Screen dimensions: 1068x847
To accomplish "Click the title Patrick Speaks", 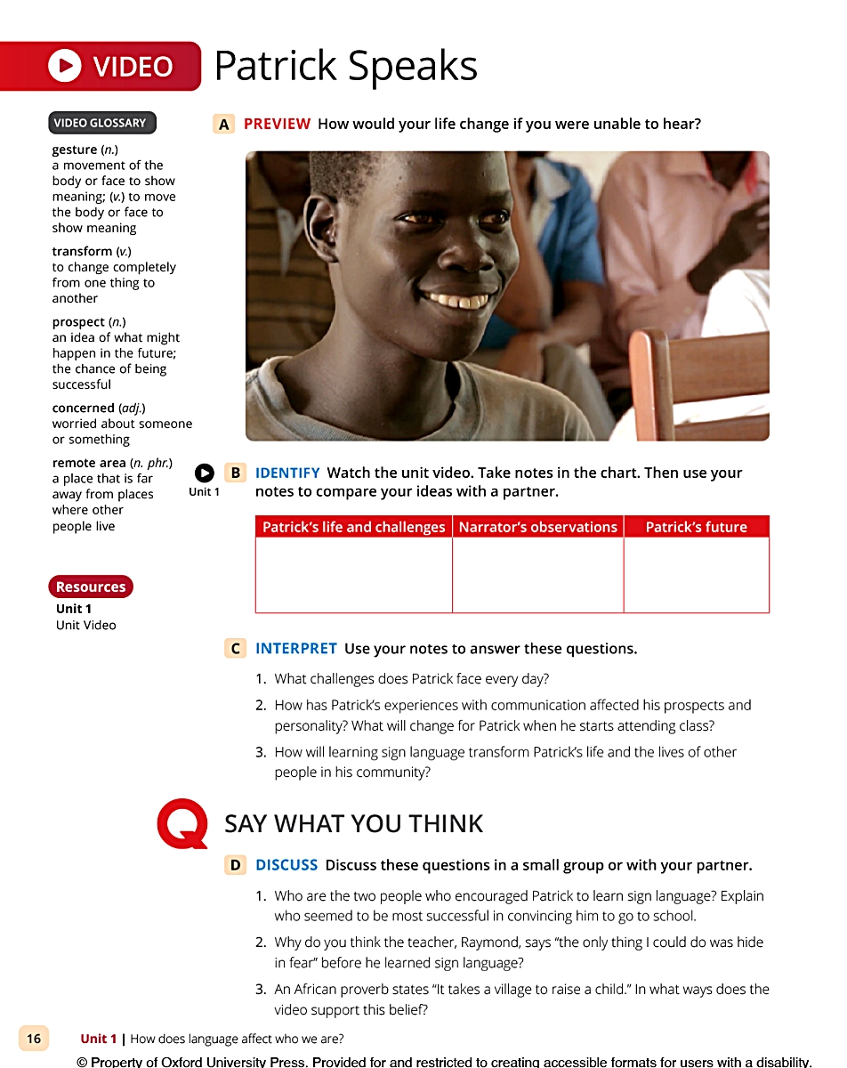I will click(345, 66).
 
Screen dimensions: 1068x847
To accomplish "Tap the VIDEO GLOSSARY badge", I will click(101, 123).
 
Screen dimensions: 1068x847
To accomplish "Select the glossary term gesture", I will click(75, 150).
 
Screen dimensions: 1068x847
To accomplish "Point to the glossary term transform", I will click(82, 251).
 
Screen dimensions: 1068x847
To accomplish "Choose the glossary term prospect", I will click(78, 321).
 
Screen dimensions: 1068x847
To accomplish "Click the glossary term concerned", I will click(84, 408).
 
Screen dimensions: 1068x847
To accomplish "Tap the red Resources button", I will click(90, 587).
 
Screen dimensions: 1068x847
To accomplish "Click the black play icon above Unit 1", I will click(204, 473).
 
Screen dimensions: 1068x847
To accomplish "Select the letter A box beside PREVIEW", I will click(224, 125).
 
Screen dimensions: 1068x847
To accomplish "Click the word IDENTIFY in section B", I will click(287, 473).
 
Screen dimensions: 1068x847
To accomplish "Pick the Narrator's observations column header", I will click(537, 527).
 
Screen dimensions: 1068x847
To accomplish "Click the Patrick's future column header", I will click(696, 527).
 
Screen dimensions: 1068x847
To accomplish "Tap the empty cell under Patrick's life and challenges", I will click(353, 574).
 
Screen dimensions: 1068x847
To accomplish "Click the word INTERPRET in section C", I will click(296, 649).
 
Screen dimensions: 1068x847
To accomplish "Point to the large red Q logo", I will click(182, 824).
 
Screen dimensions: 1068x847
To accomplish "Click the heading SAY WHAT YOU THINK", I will click(353, 824).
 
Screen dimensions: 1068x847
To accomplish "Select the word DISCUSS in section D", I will click(286, 865).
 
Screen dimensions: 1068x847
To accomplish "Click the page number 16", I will click(34, 1039).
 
